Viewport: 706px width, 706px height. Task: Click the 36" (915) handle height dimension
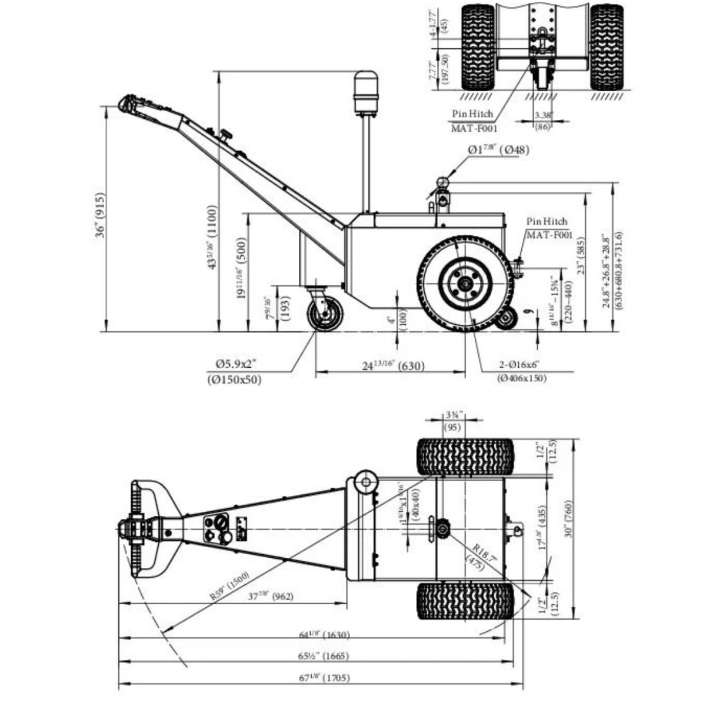tap(101, 215)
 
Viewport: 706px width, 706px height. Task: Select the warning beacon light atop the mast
tap(366, 92)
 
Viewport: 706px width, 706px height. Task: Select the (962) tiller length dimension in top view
tap(279, 596)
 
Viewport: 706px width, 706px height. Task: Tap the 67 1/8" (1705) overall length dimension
tap(324, 678)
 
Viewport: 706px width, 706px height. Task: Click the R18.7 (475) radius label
tap(474, 555)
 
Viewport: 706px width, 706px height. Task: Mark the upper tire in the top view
tap(465, 457)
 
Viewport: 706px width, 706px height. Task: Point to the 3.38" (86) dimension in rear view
tap(543, 121)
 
